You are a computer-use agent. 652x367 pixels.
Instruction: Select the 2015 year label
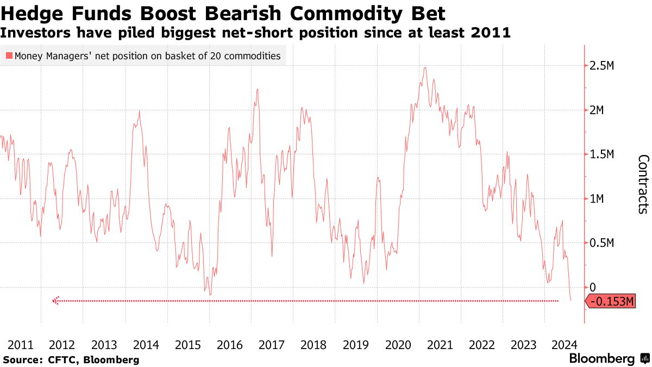(x=188, y=344)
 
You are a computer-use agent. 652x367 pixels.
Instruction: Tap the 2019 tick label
(x=356, y=344)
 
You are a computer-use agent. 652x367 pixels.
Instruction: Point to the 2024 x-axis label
(x=565, y=344)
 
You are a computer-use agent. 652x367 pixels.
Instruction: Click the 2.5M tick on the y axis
(x=601, y=66)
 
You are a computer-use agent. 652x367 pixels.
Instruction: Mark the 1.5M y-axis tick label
(x=601, y=155)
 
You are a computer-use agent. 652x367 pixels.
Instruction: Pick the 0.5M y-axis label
(x=601, y=243)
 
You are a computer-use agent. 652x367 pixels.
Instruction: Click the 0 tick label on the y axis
(x=593, y=287)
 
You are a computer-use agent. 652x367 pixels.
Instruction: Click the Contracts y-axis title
(x=643, y=183)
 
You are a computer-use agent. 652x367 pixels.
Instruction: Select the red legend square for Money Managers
(x=9, y=55)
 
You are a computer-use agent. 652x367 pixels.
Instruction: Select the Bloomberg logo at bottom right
(x=609, y=359)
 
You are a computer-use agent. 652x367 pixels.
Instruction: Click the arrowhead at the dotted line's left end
(x=55, y=301)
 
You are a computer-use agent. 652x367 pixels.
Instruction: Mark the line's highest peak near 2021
(x=425, y=67)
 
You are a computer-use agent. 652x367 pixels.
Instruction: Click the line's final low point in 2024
(x=571, y=301)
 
